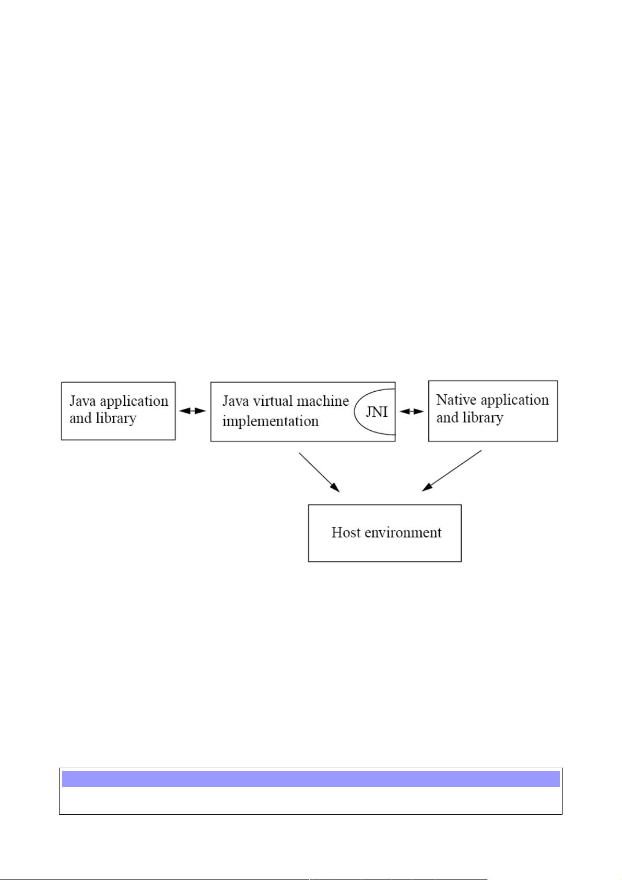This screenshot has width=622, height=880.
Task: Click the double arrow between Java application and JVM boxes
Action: point(193,411)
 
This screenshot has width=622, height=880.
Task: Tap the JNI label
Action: point(377,412)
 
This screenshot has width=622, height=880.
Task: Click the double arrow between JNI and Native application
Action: point(412,412)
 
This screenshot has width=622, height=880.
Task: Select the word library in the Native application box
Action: point(483,418)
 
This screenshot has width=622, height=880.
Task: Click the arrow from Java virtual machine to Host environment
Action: point(319,472)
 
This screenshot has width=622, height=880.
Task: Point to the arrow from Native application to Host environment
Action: point(451,471)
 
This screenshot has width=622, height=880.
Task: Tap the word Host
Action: point(346,532)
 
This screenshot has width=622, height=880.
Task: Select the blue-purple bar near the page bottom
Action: point(311,779)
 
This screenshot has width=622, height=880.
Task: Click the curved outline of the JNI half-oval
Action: point(355,412)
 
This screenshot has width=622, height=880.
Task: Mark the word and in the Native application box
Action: point(448,418)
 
